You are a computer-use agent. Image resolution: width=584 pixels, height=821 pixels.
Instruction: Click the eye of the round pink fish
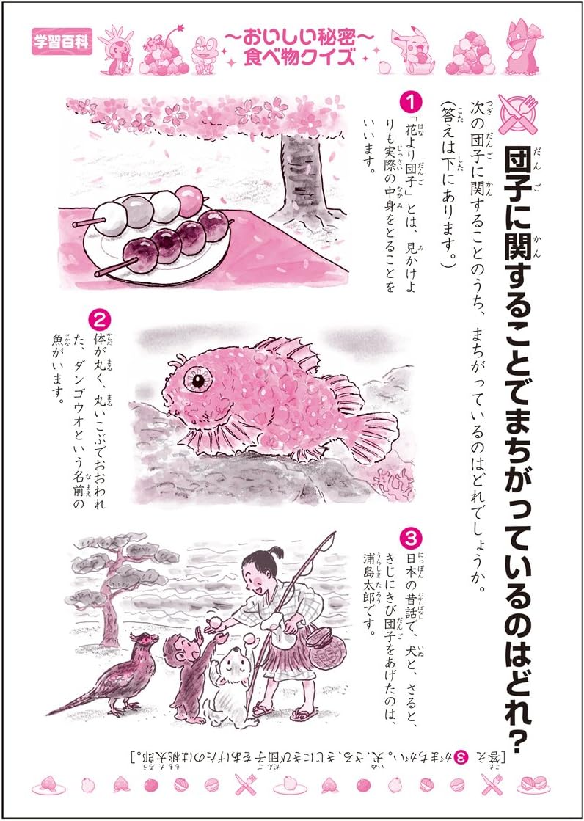(x=199, y=380)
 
